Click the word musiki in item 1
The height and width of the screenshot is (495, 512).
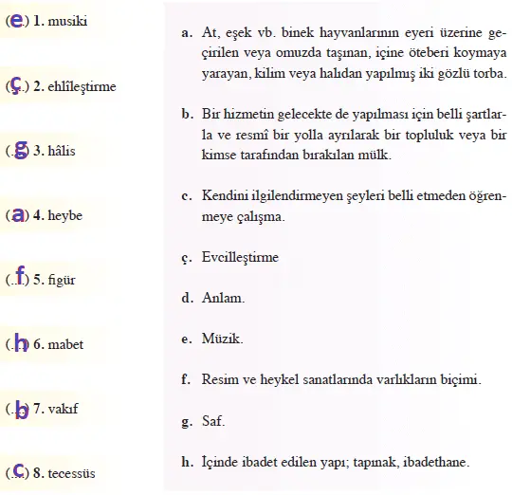pos(68,20)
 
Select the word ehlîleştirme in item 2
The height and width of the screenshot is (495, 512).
pos(81,86)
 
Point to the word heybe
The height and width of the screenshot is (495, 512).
pos(64,215)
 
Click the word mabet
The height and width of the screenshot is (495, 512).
pos(65,344)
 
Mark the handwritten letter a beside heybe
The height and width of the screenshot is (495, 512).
pos(15,214)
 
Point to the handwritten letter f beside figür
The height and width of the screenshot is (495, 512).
pos(19,276)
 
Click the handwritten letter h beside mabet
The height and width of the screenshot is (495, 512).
pos(19,342)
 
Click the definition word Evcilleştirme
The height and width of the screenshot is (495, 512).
pos(239,256)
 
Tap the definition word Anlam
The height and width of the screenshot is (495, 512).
pos(222,298)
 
